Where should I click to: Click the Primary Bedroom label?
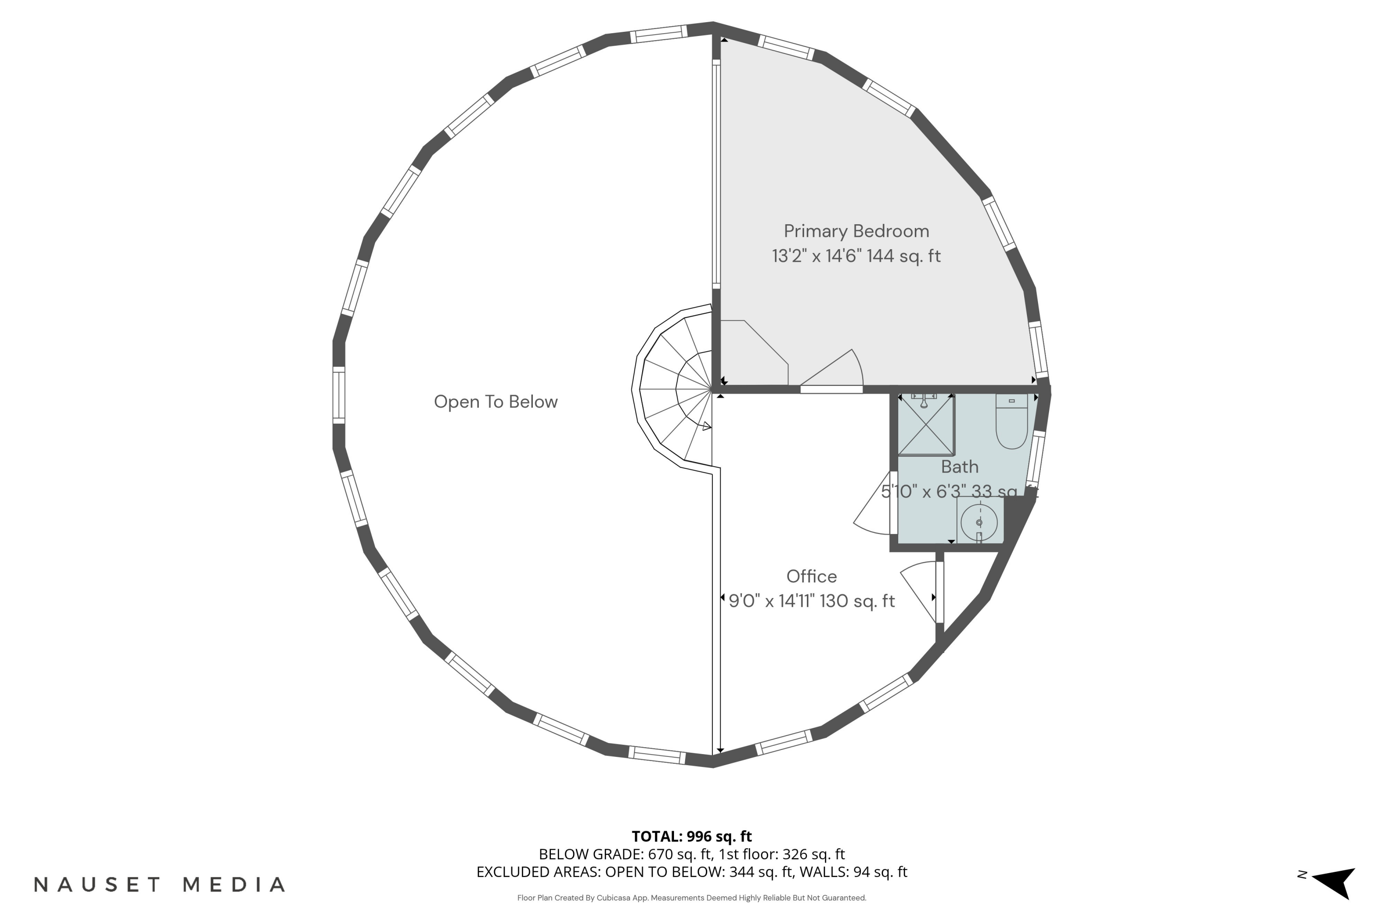pos(856,231)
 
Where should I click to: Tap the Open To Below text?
pos(495,402)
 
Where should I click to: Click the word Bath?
pos(959,467)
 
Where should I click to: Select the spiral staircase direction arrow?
pos(707,426)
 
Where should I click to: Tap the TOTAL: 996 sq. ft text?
pos(692,836)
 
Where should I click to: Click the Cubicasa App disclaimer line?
pos(692,898)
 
